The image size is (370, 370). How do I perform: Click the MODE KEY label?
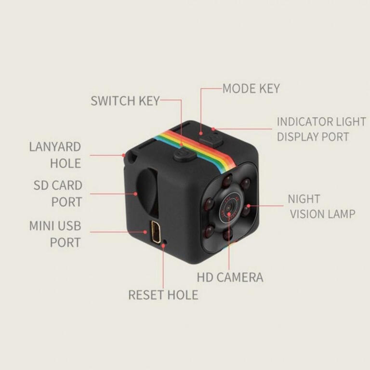pyautogui.click(x=251, y=89)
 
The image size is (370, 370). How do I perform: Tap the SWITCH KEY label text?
pyautogui.click(x=125, y=101)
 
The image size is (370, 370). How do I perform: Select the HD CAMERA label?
pyautogui.click(x=230, y=277)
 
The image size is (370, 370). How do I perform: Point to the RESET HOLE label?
pyautogui.click(x=163, y=295)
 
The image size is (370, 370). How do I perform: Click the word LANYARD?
pyautogui.click(x=55, y=147)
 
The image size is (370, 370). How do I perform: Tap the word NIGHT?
pyautogui.click(x=304, y=199)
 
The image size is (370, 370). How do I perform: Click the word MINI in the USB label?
pyautogui.click(x=42, y=226)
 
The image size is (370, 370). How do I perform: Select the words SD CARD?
pyautogui.click(x=58, y=185)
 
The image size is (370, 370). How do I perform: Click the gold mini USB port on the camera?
pyautogui.click(x=156, y=232)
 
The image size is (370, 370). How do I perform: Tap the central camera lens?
pyautogui.click(x=228, y=208)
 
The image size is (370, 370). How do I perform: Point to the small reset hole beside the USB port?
pyautogui.click(x=165, y=241)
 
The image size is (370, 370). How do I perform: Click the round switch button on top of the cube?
pyautogui.click(x=185, y=155)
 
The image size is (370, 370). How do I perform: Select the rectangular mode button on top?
pyautogui.click(x=211, y=139)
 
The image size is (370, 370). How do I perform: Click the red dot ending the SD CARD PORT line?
pyautogui.click(x=135, y=194)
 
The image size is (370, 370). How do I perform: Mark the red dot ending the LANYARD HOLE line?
pyautogui.click(x=124, y=155)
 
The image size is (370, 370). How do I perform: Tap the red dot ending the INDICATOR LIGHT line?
pyautogui.click(x=213, y=129)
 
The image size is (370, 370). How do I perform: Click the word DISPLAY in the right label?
pyautogui.click(x=298, y=137)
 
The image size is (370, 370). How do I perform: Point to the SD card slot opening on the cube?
pyautogui.click(x=147, y=192)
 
